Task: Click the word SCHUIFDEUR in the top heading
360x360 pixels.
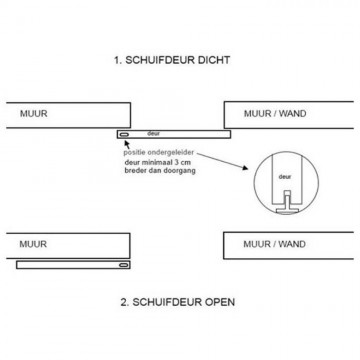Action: pos(164,60)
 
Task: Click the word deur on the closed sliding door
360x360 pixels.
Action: pos(152,131)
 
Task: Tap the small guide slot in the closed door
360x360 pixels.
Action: pos(123,133)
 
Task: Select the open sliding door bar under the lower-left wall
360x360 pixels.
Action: pos(75,266)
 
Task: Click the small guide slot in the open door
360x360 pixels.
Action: pos(124,266)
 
